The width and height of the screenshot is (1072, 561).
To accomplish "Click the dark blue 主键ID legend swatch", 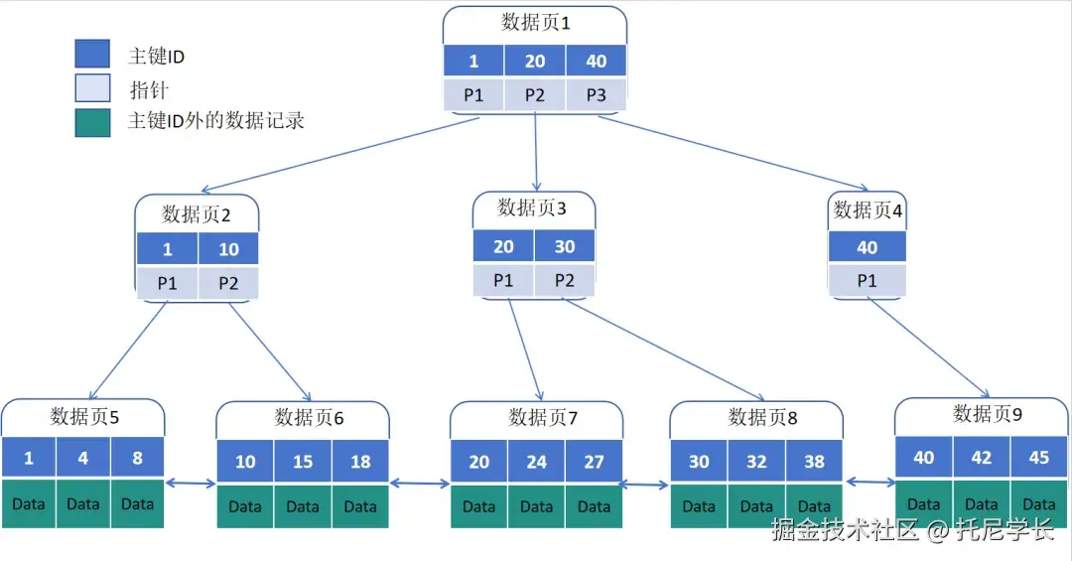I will coord(92,55).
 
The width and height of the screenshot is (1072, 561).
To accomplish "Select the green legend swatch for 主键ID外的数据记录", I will coord(92,121).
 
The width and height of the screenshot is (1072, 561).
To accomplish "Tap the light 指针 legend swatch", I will coord(92,88).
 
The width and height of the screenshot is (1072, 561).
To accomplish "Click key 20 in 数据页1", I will coord(535,61).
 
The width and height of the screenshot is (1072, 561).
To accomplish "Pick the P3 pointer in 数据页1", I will coord(596,95).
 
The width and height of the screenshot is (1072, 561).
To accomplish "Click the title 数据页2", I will coord(197,213).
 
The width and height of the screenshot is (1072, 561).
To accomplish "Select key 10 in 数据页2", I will coord(228,249).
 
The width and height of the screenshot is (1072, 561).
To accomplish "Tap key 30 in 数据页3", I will coord(564,246).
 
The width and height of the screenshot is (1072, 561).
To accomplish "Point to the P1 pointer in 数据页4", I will coord(867,281).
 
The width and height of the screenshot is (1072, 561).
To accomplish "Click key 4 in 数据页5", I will coord(82,459).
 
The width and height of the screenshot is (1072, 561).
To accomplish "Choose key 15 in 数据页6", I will coord(303,462).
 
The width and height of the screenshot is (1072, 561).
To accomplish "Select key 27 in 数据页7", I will coord(594,462).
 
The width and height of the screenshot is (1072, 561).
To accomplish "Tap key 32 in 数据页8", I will coord(756,462).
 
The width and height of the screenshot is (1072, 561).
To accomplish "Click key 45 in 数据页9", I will coord(1039,458).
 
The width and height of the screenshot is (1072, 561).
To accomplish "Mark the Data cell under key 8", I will coord(137,504).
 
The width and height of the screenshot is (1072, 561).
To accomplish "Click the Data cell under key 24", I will coord(536,506).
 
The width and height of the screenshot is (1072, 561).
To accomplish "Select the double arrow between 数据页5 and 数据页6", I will coord(191,484).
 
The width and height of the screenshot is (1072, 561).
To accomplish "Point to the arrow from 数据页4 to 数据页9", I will coord(929,348).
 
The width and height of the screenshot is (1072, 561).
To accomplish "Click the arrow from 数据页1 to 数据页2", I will coord(337,155).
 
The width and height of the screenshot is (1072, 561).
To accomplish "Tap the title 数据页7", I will coord(543,416).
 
